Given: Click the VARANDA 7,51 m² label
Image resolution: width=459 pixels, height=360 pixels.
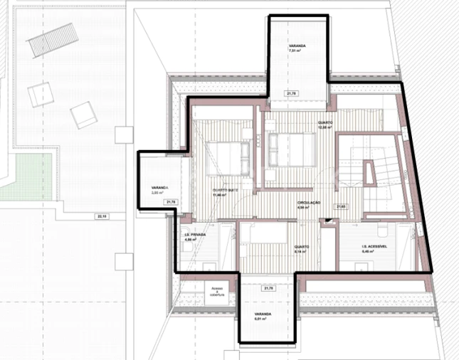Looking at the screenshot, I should click(297, 48).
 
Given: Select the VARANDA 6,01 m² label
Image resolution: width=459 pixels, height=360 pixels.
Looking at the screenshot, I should click(265, 316).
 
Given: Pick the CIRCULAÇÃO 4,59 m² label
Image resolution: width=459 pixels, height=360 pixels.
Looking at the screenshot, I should click(309, 205).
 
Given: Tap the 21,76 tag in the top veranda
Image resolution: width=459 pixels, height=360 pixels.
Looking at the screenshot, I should click(292, 93).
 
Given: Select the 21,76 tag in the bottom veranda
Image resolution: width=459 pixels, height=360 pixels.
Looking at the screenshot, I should click(268, 288).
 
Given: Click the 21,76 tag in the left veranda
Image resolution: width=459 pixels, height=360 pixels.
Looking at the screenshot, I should click(170, 202).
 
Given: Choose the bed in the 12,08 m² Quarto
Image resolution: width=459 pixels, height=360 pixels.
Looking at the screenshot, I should click(292, 149).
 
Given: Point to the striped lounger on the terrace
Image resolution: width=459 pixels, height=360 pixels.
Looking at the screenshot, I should click(51, 41).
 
